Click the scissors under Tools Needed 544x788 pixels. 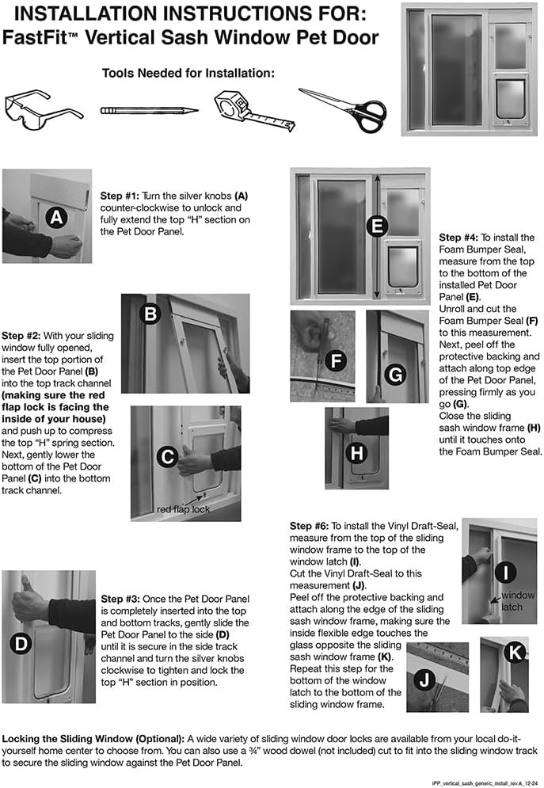click(343, 108)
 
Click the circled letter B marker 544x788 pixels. click(150, 314)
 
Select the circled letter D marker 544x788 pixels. click(21, 643)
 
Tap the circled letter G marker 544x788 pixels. click(394, 372)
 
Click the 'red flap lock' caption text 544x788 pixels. click(183, 509)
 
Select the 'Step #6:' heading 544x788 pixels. click(312, 525)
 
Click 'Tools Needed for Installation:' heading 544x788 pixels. click(188, 73)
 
